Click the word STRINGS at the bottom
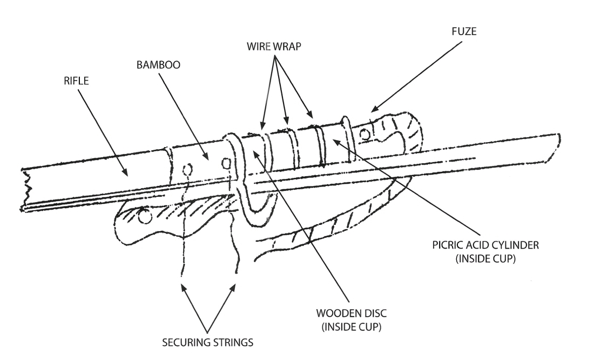(x=234, y=342)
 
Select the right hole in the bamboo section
(x=226, y=161)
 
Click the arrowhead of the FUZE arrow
(x=371, y=111)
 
